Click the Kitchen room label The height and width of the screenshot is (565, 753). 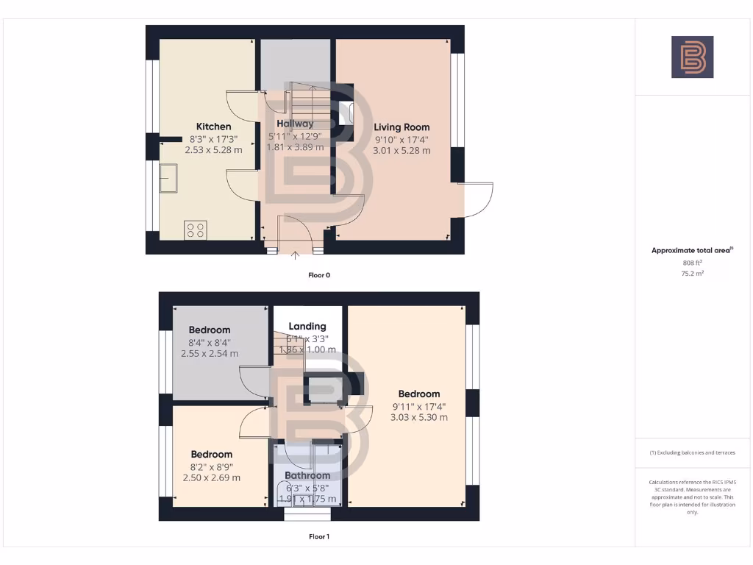click(x=213, y=127)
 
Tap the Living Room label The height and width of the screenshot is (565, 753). click(x=402, y=127)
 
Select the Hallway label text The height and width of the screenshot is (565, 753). click(x=295, y=124)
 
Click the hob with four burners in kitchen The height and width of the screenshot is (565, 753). click(x=196, y=230)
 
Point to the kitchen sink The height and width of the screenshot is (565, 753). click(x=171, y=179)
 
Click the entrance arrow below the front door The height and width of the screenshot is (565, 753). click(x=296, y=256)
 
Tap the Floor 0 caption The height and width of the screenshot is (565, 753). click(x=319, y=275)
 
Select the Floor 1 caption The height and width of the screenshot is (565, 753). click(x=319, y=537)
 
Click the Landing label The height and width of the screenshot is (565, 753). click(x=307, y=327)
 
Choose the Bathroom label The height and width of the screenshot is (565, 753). click(x=307, y=476)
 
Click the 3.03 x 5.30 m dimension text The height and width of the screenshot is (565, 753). click(x=419, y=417)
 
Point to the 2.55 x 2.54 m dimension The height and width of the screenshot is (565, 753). click(x=210, y=353)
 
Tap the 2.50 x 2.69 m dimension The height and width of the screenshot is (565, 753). click(x=212, y=478)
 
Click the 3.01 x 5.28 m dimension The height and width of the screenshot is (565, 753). click(x=402, y=150)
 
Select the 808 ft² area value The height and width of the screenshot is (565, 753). click(x=692, y=263)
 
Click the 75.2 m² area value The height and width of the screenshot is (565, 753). click(x=692, y=273)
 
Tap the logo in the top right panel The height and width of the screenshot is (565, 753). click(x=692, y=57)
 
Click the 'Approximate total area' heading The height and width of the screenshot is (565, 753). click(x=691, y=251)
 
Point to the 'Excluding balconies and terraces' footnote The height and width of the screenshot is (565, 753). click(x=692, y=452)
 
